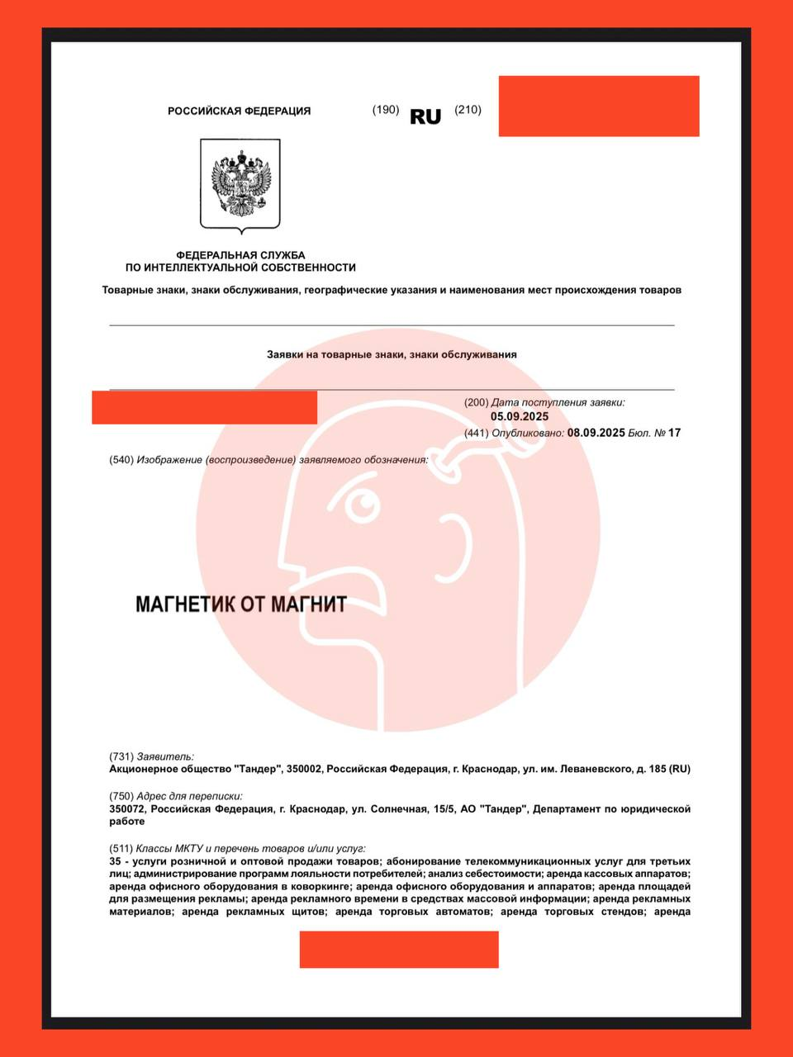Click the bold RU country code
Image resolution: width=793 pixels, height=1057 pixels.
425,116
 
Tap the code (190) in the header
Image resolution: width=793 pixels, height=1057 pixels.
386,110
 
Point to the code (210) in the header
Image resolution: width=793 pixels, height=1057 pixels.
468,110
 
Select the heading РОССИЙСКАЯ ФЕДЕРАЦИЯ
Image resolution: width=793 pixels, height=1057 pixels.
240,111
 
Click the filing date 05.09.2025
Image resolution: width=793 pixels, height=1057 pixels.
520,417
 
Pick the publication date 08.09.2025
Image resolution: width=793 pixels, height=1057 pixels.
596,433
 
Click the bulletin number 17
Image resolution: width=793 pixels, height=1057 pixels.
675,433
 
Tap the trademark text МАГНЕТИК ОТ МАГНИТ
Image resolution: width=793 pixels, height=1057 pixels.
240,604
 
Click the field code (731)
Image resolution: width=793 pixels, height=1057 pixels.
121,756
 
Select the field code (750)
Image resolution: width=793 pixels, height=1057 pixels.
121,796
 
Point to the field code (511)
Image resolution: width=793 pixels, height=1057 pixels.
121,848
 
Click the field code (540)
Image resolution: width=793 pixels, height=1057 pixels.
121,460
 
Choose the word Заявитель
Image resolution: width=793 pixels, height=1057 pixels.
166,756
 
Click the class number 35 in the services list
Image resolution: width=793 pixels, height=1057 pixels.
116,860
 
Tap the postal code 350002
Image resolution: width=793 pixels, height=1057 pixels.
302,769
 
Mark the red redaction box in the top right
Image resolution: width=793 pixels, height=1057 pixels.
599,106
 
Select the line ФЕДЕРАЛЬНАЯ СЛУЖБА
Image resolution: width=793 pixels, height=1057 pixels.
240,255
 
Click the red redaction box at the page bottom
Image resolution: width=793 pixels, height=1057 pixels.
399,949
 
